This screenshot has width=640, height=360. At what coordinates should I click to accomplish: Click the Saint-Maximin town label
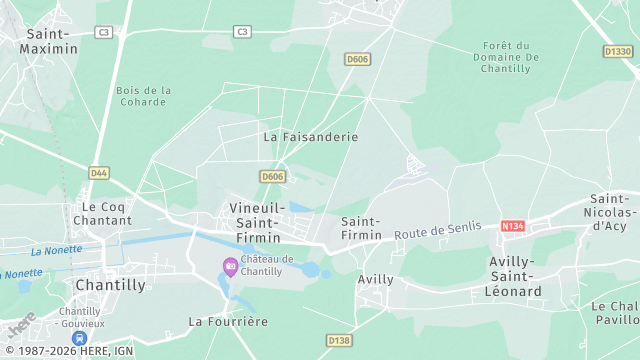point(49,41)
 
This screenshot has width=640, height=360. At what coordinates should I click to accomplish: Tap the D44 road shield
point(98,173)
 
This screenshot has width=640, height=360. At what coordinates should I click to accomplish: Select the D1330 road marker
point(617,51)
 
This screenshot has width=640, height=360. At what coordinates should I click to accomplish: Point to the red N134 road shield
point(513,226)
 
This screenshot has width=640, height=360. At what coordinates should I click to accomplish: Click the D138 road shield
point(338,341)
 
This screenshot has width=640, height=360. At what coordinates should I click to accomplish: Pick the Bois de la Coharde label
point(143,96)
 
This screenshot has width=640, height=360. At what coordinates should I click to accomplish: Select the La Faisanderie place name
point(310,136)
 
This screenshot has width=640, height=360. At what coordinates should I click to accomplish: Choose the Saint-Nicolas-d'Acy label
point(612,212)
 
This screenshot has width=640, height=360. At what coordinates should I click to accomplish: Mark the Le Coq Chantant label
point(103,213)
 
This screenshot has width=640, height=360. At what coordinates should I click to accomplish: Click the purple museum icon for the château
point(231,265)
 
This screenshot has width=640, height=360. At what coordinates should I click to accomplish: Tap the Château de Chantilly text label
point(267,265)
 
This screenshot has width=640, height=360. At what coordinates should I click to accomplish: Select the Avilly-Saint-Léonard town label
point(516,276)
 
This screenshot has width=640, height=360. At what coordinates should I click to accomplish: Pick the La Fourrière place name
point(228,321)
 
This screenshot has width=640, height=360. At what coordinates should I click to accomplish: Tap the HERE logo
point(22,326)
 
